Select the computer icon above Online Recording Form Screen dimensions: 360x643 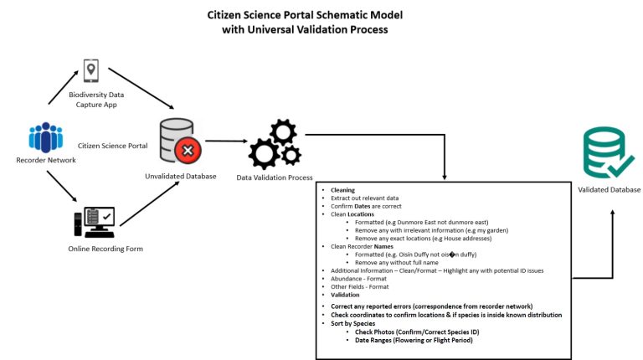(x=93, y=221)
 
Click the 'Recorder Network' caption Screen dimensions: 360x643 (x=46, y=160)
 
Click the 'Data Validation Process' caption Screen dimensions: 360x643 (x=275, y=177)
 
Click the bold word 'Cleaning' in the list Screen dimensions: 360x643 (x=342, y=190)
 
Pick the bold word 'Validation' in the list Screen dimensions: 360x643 (x=345, y=295)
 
